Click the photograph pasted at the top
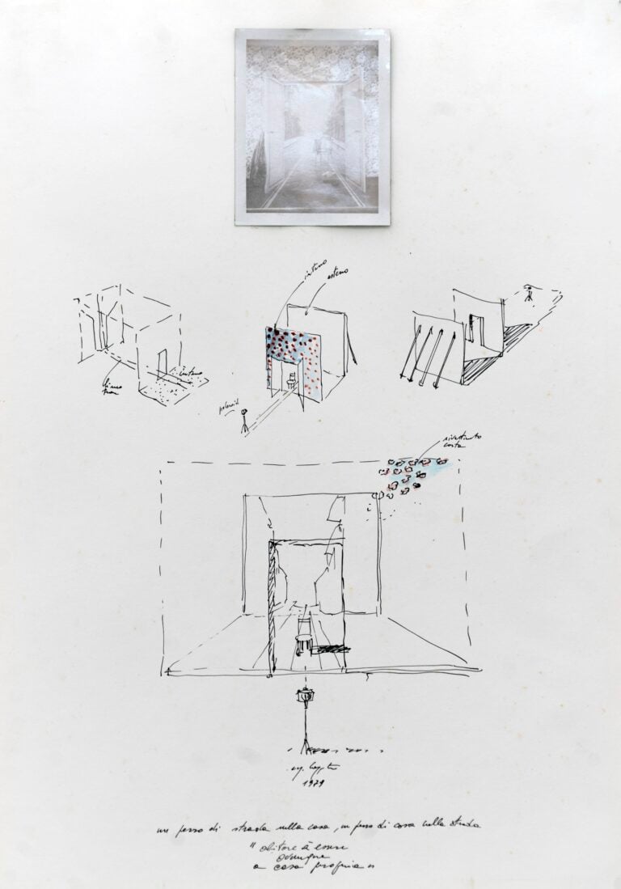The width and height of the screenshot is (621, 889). (307, 126)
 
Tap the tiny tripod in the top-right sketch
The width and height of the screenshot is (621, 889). (529, 293)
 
